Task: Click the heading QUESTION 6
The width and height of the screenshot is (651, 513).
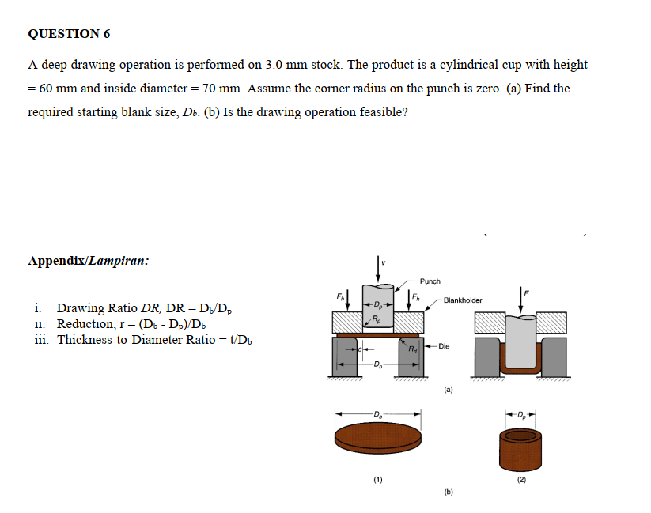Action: pyautogui.click(x=69, y=34)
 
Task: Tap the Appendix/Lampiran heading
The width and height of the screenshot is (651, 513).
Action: pyautogui.click(x=88, y=260)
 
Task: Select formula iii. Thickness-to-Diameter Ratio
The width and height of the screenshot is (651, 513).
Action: pyautogui.click(x=139, y=340)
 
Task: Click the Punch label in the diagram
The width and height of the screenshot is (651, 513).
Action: pyautogui.click(x=430, y=281)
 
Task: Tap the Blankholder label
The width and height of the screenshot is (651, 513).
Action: pyautogui.click(x=463, y=300)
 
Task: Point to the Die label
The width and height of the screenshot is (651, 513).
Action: pyautogui.click(x=443, y=346)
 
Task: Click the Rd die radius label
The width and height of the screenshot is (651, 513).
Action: pyautogui.click(x=412, y=349)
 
